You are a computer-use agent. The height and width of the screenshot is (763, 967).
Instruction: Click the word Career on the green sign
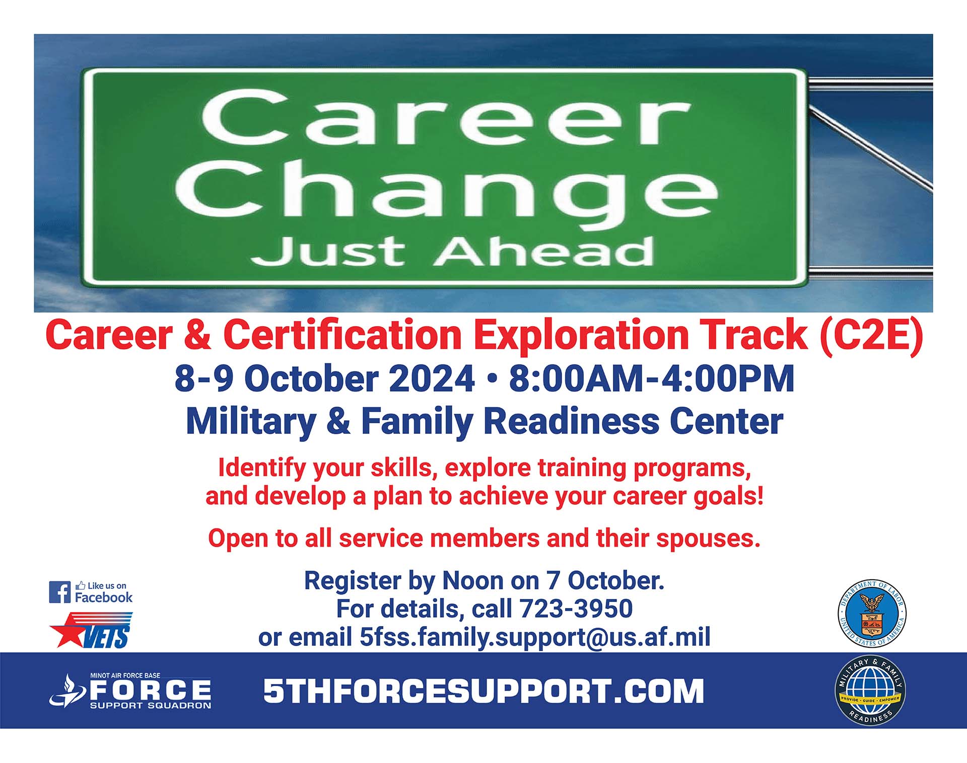tap(446, 118)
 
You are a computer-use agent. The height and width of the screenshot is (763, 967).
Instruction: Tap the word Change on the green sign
tap(446, 194)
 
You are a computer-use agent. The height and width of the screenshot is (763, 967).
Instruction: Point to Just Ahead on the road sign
tap(453, 252)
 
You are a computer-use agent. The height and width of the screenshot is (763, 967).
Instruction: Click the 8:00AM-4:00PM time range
tap(652, 378)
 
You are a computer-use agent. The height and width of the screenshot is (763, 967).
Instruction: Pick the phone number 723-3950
tap(576, 608)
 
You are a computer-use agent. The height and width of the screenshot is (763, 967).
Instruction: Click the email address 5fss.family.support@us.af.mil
tap(535, 637)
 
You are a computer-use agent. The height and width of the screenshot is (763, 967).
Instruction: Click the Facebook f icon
tap(60, 592)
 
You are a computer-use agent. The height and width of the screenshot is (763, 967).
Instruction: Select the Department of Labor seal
tap(871, 613)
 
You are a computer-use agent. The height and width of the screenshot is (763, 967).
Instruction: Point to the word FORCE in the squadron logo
tap(151, 690)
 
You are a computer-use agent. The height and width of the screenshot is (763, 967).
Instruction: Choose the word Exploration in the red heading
tap(581, 336)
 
